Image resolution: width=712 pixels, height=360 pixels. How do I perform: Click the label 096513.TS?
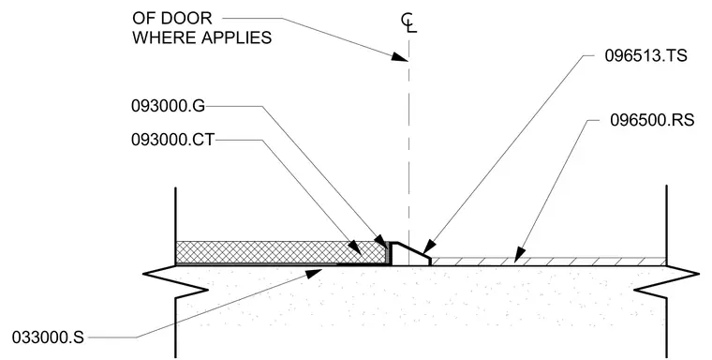pos(645,55)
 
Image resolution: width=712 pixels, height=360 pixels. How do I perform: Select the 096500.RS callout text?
pos(652,120)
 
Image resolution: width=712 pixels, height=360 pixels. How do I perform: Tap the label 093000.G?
pos(168,106)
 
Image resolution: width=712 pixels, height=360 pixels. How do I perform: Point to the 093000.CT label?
pos(172,140)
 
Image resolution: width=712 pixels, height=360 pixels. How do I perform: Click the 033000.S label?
pos(48,337)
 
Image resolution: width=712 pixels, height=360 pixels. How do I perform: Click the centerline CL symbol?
pos(408,23)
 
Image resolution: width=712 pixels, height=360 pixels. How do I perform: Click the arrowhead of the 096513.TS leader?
pos(428,247)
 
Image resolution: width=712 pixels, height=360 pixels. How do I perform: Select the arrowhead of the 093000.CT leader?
pos(355,248)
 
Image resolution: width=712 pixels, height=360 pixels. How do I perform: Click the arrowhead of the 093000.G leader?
pos(380,240)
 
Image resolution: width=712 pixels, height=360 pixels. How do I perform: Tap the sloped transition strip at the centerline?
pos(411,254)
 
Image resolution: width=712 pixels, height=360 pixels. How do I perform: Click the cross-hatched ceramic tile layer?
pos(282,252)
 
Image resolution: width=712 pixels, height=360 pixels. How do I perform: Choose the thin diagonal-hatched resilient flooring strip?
pos(549,262)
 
